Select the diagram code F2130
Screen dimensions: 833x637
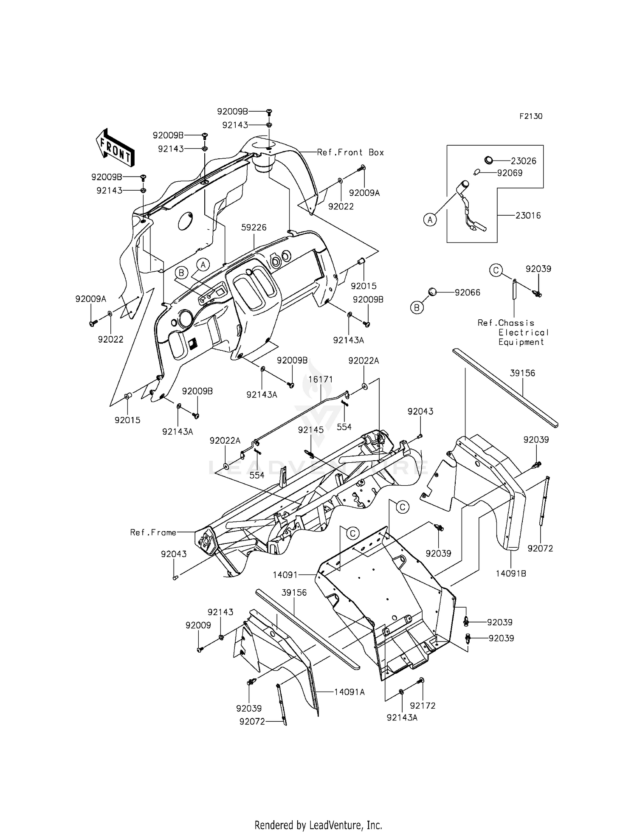coord(530,116)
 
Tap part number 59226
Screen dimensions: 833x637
coord(254,228)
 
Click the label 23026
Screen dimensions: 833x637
coord(523,161)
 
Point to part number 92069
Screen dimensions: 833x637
coord(510,173)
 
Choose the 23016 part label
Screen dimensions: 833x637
coord(528,216)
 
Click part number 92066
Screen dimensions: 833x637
coord(467,293)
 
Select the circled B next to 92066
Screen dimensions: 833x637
coord(417,307)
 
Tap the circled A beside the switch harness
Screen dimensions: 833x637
coord(430,220)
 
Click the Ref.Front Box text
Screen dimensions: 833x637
coord(350,152)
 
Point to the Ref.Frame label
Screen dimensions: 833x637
coord(153,532)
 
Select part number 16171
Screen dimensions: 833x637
coord(320,380)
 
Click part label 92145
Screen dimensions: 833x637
coord(310,430)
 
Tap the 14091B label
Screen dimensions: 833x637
coord(510,573)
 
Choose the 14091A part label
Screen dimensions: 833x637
coord(349,692)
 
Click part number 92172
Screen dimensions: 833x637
coord(423,705)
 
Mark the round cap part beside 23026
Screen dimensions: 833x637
coord(489,160)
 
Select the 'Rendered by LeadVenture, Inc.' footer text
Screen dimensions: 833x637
coord(318,825)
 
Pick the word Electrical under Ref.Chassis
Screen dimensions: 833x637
coord(524,332)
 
